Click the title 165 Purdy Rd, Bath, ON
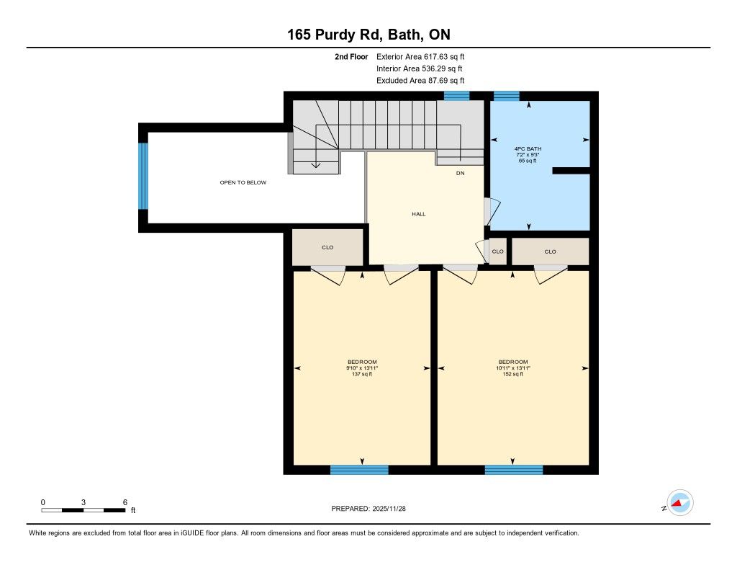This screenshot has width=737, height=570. (x=368, y=35)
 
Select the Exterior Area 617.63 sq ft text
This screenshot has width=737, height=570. (x=420, y=57)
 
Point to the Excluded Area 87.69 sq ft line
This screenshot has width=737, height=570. (x=420, y=81)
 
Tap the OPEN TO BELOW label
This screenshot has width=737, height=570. (x=243, y=182)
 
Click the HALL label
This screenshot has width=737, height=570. (x=419, y=214)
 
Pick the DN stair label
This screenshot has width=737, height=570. (x=460, y=173)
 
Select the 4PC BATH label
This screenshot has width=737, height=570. (x=528, y=148)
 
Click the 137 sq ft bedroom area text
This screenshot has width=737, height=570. (x=362, y=374)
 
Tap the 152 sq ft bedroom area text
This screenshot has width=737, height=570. (x=512, y=374)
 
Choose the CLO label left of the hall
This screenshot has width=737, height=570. (x=327, y=248)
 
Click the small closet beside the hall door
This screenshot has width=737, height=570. (x=498, y=251)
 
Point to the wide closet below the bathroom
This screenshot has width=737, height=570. (x=551, y=251)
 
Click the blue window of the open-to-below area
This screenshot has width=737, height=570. (x=143, y=176)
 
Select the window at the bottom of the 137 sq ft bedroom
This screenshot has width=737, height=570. (x=360, y=470)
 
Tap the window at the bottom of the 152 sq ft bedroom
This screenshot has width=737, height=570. (x=514, y=470)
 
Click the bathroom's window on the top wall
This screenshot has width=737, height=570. (x=506, y=96)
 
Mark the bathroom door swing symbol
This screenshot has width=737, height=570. (x=492, y=211)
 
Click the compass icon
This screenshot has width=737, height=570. (x=679, y=503)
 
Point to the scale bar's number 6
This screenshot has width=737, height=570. (x=125, y=502)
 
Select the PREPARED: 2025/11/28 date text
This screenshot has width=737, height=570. (x=368, y=508)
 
